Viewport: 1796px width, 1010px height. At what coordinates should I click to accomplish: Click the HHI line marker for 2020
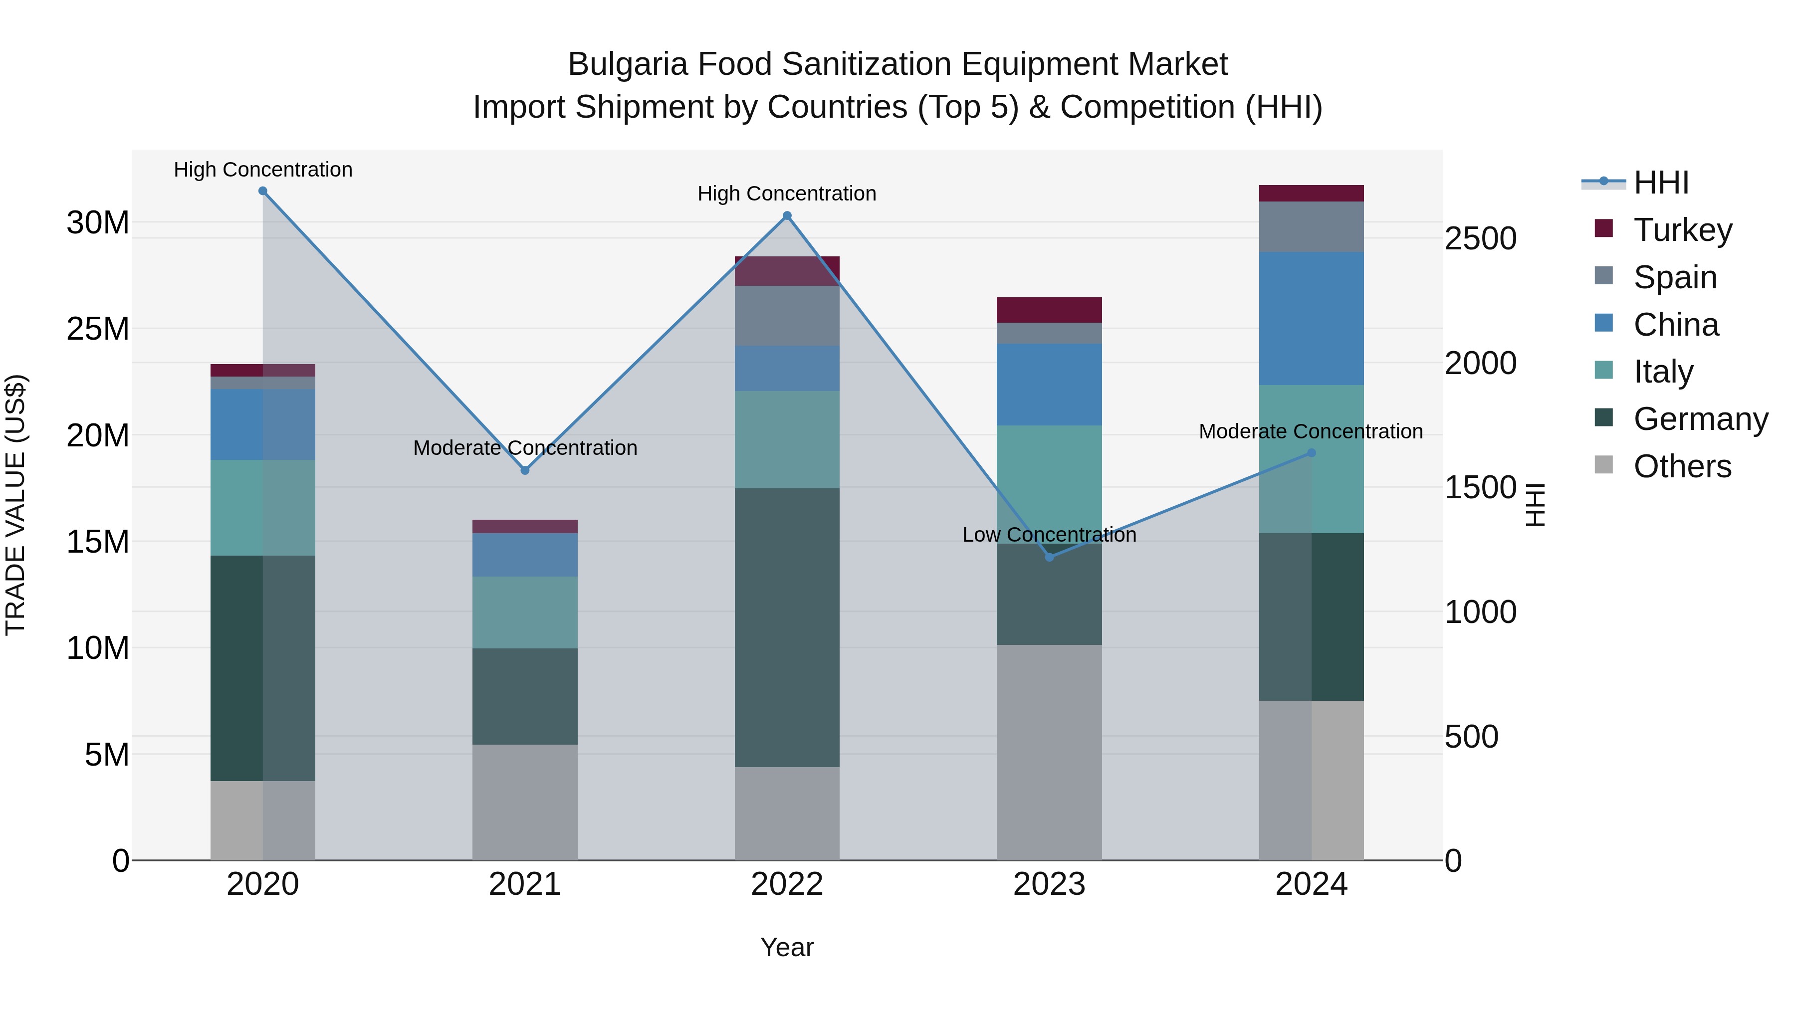(263, 191)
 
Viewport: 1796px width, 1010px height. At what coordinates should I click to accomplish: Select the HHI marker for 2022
(787, 216)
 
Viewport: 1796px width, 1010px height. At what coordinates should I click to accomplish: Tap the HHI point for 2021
(525, 470)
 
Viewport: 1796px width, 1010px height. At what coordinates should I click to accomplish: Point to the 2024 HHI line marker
(1312, 453)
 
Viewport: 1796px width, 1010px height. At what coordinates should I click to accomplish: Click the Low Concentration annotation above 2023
(1049, 535)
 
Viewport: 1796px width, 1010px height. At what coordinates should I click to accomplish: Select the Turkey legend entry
(1682, 230)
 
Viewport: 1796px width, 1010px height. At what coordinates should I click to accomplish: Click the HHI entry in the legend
(1661, 183)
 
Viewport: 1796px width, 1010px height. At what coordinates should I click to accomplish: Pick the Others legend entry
(1682, 466)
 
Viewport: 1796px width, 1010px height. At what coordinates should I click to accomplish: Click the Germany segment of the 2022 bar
(787, 627)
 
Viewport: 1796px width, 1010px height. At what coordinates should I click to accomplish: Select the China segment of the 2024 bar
(1312, 319)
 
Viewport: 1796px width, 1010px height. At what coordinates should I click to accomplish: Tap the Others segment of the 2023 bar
(1049, 753)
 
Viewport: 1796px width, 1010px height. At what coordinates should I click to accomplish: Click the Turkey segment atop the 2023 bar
(1049, 309)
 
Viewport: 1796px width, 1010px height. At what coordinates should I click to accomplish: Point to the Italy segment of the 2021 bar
(525, 612)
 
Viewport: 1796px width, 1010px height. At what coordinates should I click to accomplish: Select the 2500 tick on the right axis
(1480, 238)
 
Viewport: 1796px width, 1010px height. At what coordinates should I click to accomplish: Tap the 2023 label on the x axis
(1049, 884)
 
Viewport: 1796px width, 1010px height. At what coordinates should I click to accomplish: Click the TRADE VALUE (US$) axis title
(15, 505)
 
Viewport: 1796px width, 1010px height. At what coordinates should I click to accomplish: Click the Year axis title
(787, 947)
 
